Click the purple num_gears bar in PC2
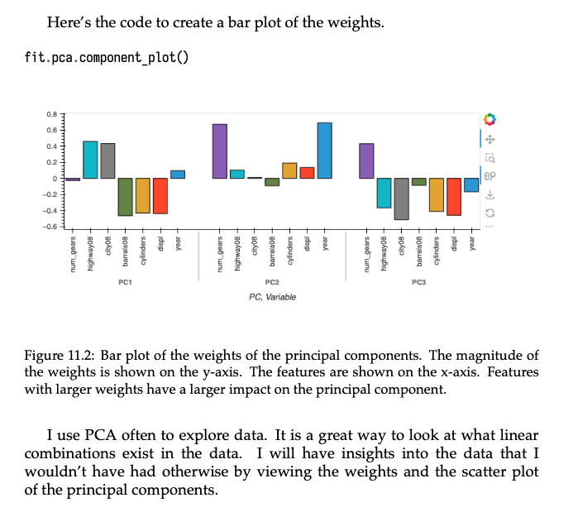tap(219, 151)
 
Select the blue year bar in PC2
tap(325, 151)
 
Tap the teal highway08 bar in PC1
tap(90, 160)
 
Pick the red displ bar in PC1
tap(160, 196)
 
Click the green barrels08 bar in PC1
tap(126, 197)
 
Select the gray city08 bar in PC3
tap(401, 199)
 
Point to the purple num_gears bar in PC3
tap(366, 160)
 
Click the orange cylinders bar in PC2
tap(289, 170)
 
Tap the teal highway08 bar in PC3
tap(384, 193)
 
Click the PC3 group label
tap(418, 283)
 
